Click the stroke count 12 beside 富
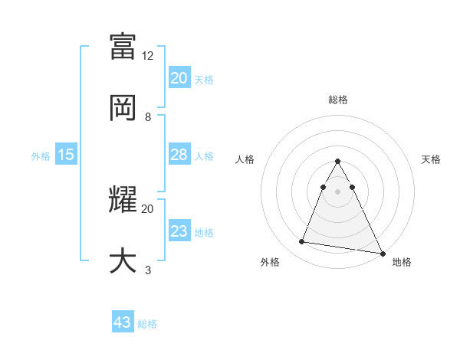point(148,56)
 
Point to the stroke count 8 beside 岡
point(148,117)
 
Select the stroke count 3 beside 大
point(148,270)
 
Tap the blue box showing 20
point(179,78)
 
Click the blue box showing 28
point(179,155)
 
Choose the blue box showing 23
point(179,231)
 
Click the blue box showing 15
point(66,155)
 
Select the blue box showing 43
point(123,322)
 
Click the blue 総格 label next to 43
point(147,324)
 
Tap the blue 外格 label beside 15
point(41,156)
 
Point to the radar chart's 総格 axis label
point(337,100)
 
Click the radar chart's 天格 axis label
point(432,159)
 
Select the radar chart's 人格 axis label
point(246,159)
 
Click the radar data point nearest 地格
point(383,254)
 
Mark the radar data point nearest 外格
point(301,242)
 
